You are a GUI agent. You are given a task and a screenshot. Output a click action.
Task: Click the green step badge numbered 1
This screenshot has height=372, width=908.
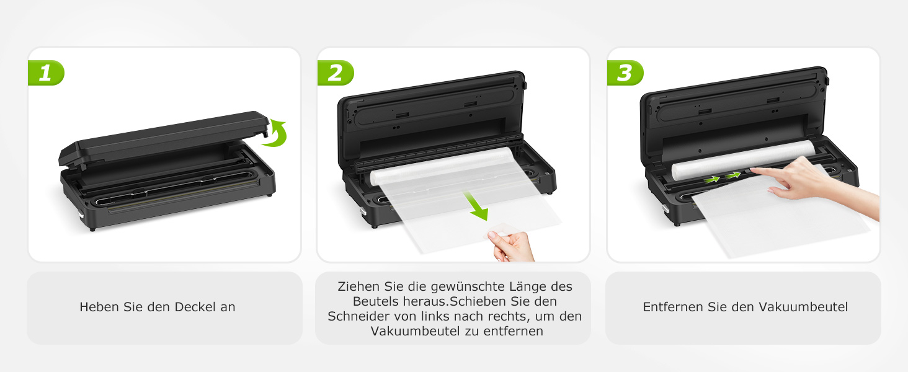pyautogui.click(x=46, y=73)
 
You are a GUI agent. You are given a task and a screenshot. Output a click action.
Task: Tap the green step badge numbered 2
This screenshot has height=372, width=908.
pyautogui.click(x=336, y=73)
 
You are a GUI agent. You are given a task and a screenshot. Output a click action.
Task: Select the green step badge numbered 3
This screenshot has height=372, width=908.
pyautogui.click(x=625, y=73)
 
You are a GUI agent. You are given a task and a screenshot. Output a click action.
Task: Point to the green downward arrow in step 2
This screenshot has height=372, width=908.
pyautogui.click(x=477, y=206)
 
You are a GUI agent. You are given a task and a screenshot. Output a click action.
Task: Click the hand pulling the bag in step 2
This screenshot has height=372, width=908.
pyautogui.click(x=512, y=245)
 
